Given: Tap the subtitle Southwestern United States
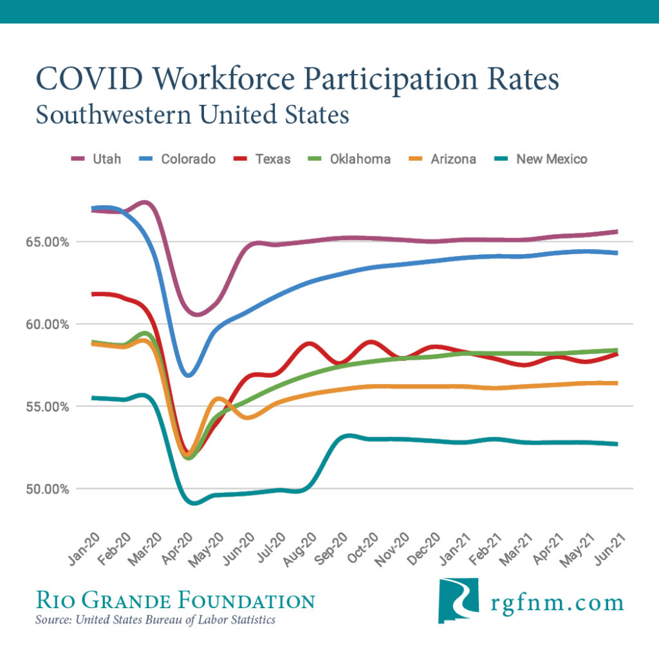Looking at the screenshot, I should pos(192,115).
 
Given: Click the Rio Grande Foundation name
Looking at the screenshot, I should pos(175,601).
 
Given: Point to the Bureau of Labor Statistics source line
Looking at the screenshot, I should pos(155,620).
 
